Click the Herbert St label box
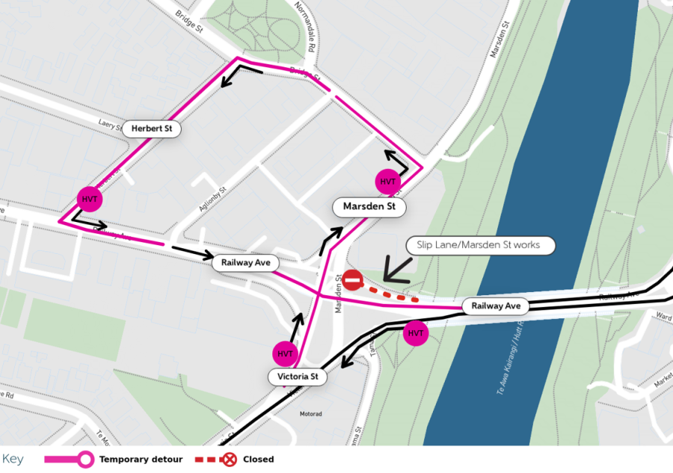tap(152, 129)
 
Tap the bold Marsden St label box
tap(369, 206)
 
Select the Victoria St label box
tap(298, 377)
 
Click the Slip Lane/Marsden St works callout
tap(481, 245)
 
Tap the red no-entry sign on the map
tap(353, 280)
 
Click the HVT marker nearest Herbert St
tap(90, 199)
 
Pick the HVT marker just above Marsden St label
tap(387, 182)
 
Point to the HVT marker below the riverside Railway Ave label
tap(416, 333)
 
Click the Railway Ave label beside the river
tap(495, 306)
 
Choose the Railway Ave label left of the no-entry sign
tap(245, 262)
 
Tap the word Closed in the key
tap(258, 459)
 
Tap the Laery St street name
tap(111, 123)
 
